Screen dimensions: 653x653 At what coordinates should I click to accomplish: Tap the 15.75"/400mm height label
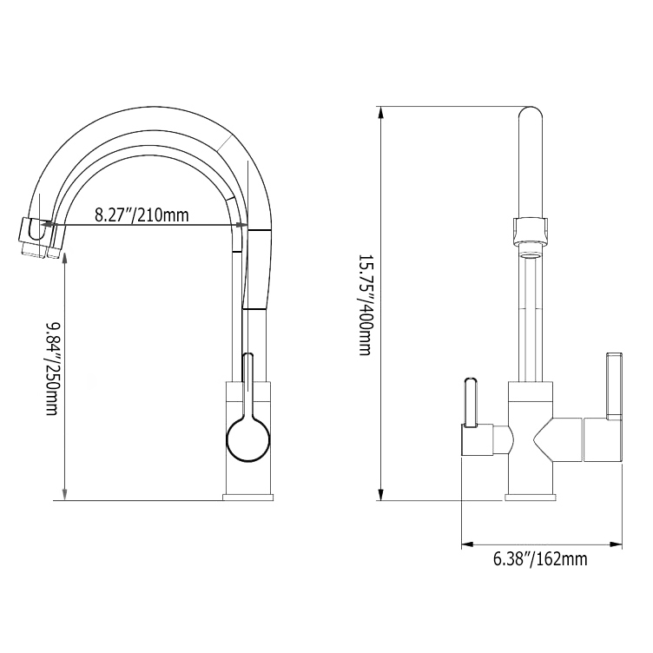coord(366,304)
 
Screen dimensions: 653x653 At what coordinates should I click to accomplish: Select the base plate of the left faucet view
coord(248,497)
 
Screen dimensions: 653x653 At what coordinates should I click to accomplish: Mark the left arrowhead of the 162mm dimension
coord(465,544)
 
